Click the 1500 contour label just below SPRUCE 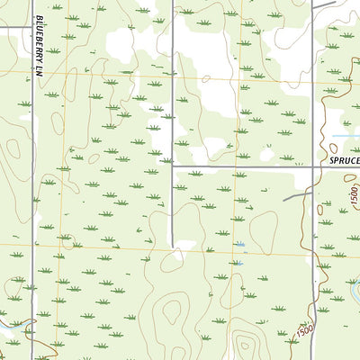point(349,194)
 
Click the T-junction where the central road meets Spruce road point(173,167)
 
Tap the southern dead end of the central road point(173,246)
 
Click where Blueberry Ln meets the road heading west point(32,27)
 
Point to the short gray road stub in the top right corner point(324,4)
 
